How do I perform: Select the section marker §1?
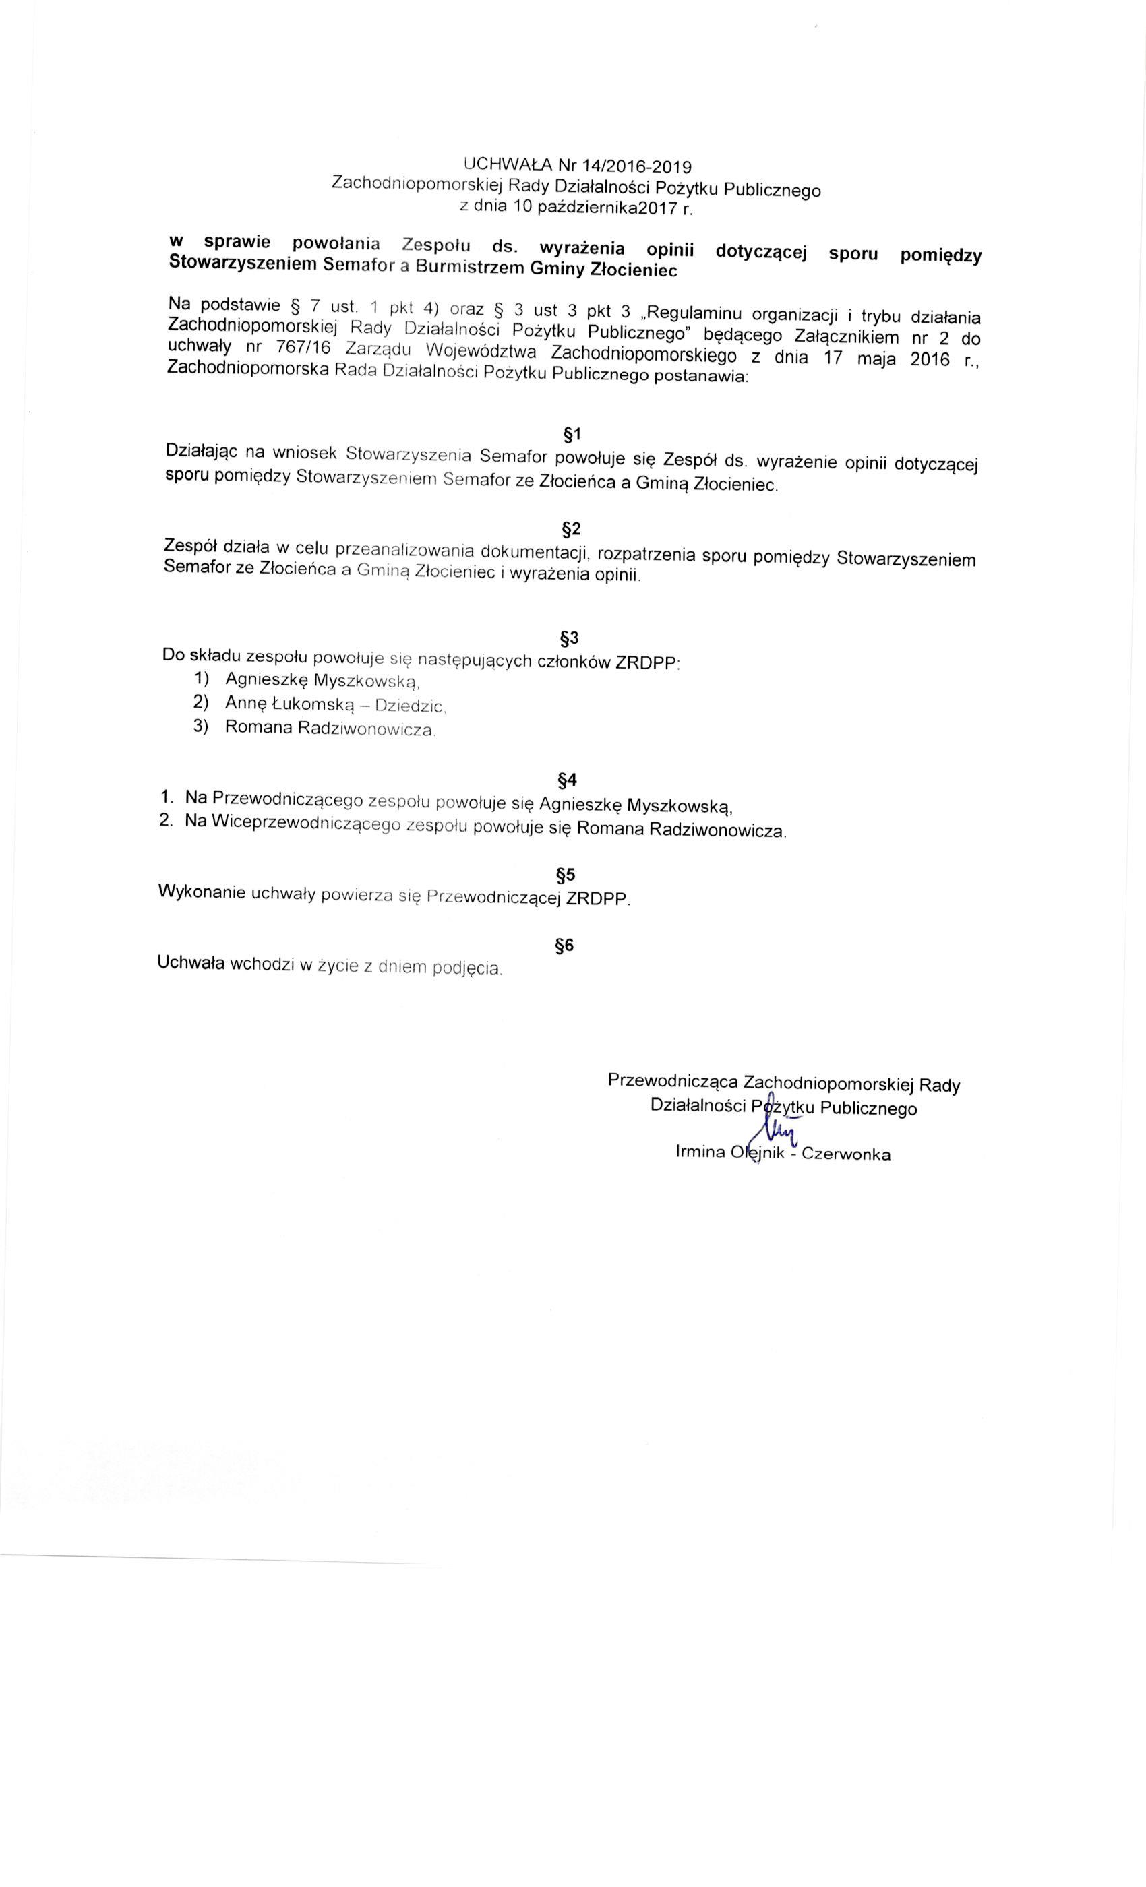pyautogui.click(x=572, y=434)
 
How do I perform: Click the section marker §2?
pyautogui.click(x=572, y=528)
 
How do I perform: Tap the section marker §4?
pyautogui.click(x=567, y=780)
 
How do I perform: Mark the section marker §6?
pyautogui.click(x=565, y=946)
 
